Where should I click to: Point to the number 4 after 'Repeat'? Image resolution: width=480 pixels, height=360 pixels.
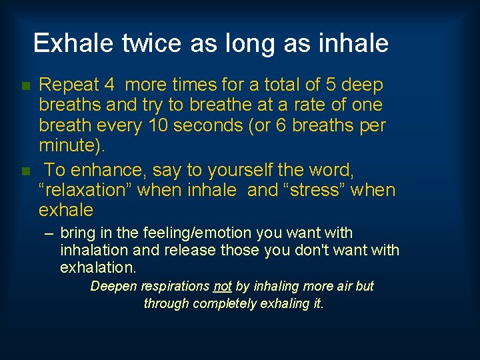pyautogui.click(x=109, y=85)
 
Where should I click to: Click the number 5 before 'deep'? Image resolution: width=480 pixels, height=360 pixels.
pyautogui.click(x=331, y=85)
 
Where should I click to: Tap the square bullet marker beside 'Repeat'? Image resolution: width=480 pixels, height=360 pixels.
pyautogui.click(x=25, y=86)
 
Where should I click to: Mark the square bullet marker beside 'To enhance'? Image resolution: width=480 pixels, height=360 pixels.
pyautogui.click(x=25, y=171)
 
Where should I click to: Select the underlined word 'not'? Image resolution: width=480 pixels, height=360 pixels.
pyautogui.click(x=222, y=287)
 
